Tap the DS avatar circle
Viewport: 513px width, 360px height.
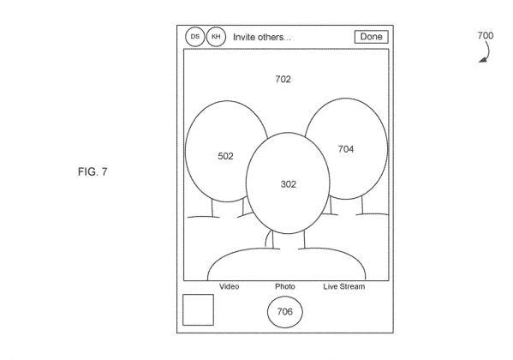point(195,37)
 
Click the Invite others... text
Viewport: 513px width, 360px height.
point(262,37)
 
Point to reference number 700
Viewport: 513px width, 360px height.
point(486,35)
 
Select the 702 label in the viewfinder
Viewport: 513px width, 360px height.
point(283,79)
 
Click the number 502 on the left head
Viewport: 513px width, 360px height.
point(226,156)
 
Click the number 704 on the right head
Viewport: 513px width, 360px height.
point(346,149)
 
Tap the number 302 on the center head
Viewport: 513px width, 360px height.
point(289,184)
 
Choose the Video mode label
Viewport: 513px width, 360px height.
point(229,286)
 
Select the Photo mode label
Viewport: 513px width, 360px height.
point(285,286)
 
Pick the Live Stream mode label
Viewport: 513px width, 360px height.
point(344,286)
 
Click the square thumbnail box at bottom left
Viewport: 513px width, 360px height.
point(199,310)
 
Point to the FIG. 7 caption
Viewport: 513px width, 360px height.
point(92,171)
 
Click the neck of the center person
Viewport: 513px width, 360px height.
point(289,241)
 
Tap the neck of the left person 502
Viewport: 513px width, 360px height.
point(228,208)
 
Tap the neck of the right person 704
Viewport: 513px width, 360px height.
point(346,206)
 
